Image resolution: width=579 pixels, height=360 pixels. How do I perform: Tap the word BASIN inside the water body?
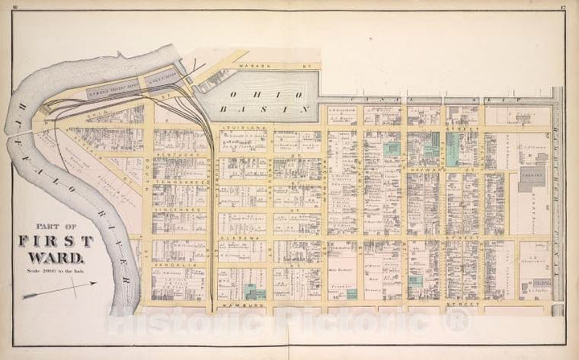[283, 107]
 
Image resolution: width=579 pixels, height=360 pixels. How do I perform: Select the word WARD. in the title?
[56, 257]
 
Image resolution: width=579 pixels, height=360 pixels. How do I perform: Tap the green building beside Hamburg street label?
[256, 292]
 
